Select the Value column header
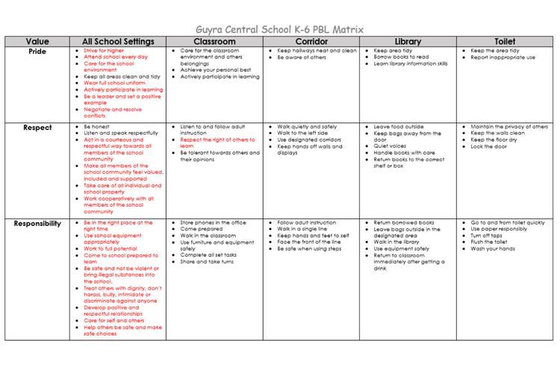[x=37, y=42]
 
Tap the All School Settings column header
[x=118, y=42]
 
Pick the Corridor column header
[x=311, y=42]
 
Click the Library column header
[x=408, y=42]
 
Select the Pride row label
[x=37, y=51]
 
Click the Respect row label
[x=37, y=128]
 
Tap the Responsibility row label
[x=37, y=223]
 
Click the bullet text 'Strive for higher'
[x=104, y=51]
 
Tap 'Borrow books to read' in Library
[x=401, y=57]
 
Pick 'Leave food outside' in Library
[x=398, y=127]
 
